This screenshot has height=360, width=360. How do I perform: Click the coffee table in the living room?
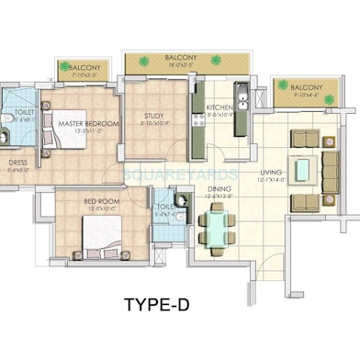301,167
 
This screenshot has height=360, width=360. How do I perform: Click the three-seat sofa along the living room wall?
331,168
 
